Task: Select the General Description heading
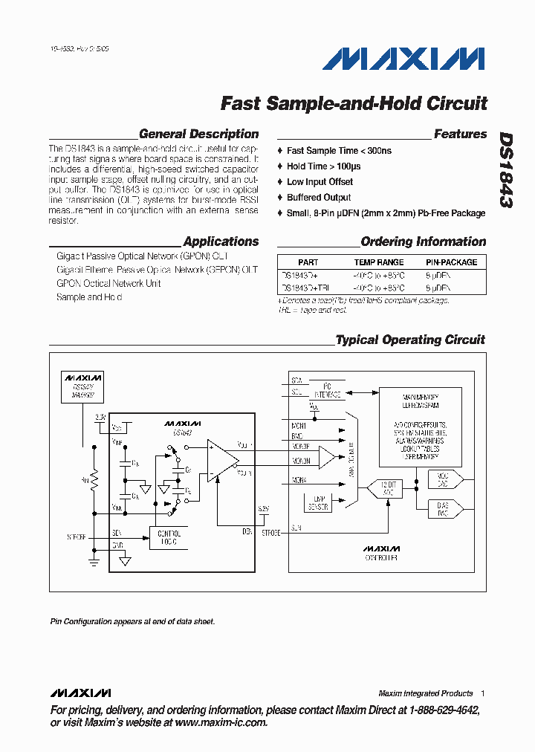198,134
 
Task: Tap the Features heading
460,134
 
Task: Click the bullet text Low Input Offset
320,182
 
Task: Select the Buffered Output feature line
319,198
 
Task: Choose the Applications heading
221,242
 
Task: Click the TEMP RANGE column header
379,262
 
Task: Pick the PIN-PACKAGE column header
451,262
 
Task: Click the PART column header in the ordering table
308,262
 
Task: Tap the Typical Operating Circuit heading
410,340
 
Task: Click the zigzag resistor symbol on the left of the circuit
94,479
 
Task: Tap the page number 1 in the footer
482,693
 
